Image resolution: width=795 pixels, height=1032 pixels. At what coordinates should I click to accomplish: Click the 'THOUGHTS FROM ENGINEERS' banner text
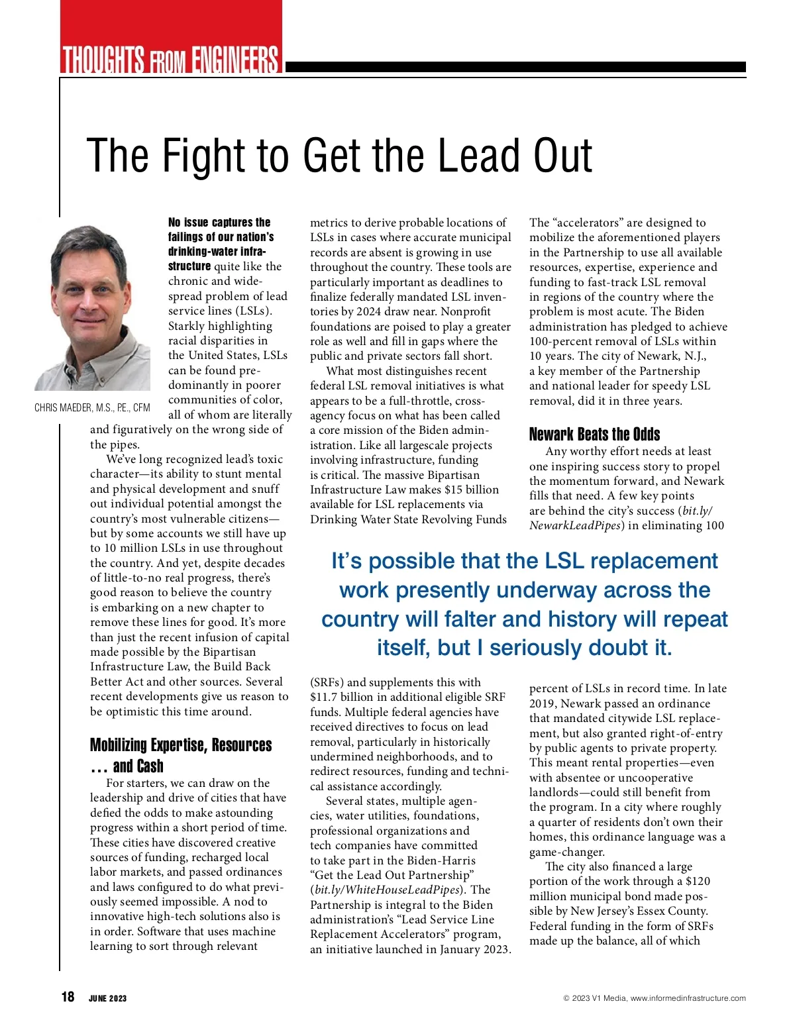click(x=171, y=60)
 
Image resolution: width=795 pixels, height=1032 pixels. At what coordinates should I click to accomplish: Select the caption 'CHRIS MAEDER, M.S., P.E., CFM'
click(x=92, y=408)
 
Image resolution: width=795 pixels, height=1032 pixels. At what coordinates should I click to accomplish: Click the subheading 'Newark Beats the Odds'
click(x=594, y=435)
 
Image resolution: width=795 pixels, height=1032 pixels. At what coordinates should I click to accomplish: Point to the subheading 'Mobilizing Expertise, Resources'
click(x=180, y=745)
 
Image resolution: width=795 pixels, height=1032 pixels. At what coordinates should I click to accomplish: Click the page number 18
click(x=68, y=997)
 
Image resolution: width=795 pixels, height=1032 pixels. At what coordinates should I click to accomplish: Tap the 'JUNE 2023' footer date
click(x=107, y=998)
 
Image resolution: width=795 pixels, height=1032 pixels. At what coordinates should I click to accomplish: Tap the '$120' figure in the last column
click(x=698, y=881)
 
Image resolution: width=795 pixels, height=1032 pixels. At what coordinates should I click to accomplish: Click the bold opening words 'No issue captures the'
click(x=219, y=223)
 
